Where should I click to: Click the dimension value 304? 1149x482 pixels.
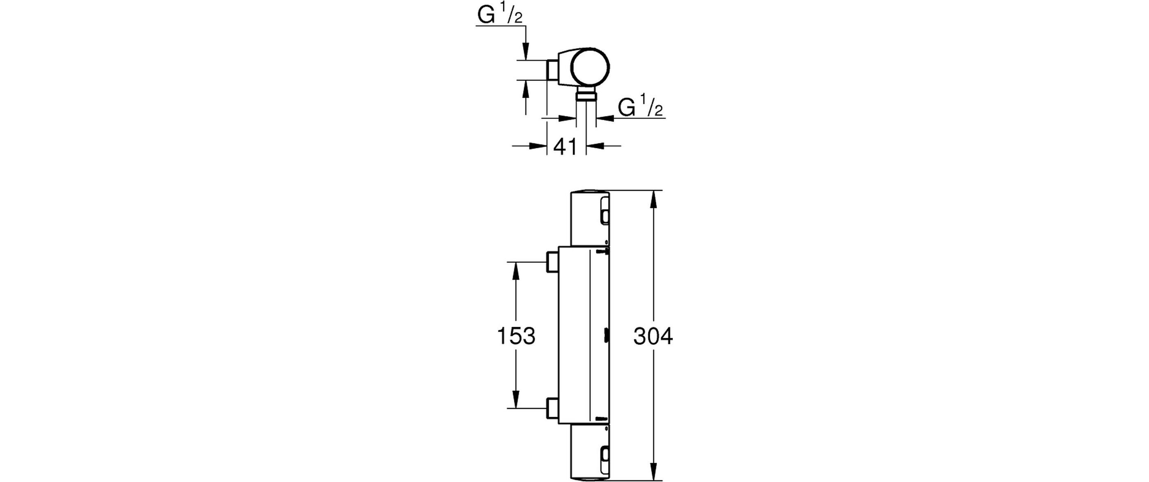tap(653, 337)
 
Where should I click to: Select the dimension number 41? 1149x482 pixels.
tap(565, 147)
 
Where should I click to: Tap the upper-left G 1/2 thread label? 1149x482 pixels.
tap(500, 16)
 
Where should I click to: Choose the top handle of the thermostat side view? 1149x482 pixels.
tap(590, 219)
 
